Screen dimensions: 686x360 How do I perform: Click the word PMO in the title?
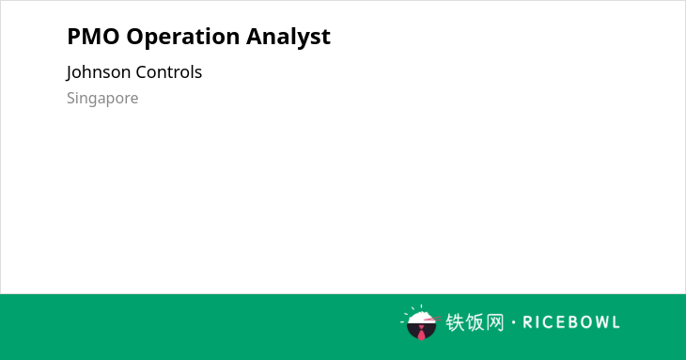coord(93,37)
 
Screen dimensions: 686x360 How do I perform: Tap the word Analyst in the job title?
coord(288,38)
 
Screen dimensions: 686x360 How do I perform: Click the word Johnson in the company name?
coord(99,72)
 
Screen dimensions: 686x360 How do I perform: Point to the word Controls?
coord(169,72)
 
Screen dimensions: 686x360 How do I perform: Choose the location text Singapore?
coord(102,99)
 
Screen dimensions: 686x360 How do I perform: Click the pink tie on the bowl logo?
coord(421,334)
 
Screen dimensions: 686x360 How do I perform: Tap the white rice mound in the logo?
coord(420,317)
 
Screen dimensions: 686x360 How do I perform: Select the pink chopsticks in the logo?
coord(432,319)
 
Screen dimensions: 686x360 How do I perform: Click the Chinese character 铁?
coord(455,322)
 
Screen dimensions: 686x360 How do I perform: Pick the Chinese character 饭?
coord(475,322)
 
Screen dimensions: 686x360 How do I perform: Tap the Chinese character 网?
coord(494,322)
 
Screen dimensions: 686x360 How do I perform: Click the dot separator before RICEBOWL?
coord(513,322)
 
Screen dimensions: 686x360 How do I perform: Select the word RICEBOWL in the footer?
coord(571,322)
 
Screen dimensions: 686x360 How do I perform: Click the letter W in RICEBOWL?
coord(599,322)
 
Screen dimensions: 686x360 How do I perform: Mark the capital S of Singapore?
coord(71,98)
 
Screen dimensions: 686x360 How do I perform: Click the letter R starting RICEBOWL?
coord(527,322)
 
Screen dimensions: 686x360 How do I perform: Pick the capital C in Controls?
coord(141,72)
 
